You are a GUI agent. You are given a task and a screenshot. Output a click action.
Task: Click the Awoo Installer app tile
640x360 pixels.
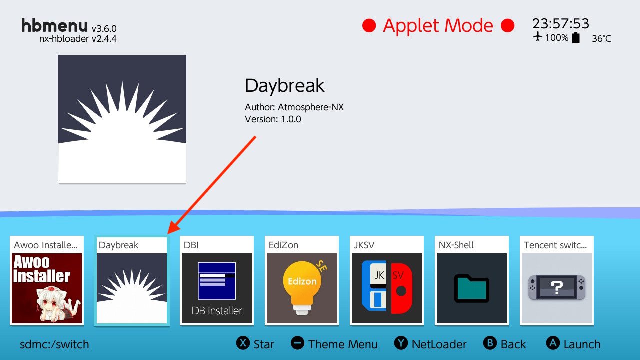click(x=47, y=280)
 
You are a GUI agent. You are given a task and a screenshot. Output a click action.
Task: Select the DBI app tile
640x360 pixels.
click(x=217, y=280)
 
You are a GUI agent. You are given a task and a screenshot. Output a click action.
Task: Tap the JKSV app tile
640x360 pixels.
click(x=387, y=280)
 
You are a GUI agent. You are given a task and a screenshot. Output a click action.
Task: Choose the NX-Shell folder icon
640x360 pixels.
click(x=471, y=288)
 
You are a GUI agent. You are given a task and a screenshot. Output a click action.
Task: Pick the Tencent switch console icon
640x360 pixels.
click(x=557, y=287)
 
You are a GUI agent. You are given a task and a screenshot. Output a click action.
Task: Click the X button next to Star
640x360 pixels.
click(x=243, y=343)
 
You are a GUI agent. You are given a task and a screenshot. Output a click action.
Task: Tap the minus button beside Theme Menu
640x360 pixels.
click(x=297, y=343)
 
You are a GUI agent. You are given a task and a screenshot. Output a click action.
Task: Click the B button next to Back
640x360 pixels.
click(x=490, y=343)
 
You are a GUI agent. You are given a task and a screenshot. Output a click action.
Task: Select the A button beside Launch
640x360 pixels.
click(x=553, y=343)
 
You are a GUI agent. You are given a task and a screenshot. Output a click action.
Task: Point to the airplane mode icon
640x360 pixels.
click(x=538, y=37)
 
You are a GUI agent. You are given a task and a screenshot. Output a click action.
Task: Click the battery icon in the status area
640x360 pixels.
click(x=576, y=38)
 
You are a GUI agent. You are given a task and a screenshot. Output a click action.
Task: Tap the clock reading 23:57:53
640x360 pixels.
click(x=560, y=23)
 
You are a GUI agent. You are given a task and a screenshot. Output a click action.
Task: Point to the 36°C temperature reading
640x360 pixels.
click(x=601, y=38)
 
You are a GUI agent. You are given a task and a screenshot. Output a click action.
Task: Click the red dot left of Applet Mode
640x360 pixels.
click(x=369, y=25)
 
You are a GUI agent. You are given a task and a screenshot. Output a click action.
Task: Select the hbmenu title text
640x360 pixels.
click(x=54, y=25)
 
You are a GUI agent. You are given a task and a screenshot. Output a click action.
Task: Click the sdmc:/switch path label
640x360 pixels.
click(x=54, y=344)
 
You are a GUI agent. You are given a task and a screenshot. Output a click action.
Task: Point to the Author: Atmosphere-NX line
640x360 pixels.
click(x=294, y=107)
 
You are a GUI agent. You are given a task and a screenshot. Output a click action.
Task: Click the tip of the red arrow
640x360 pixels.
click(x=167, y=234)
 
